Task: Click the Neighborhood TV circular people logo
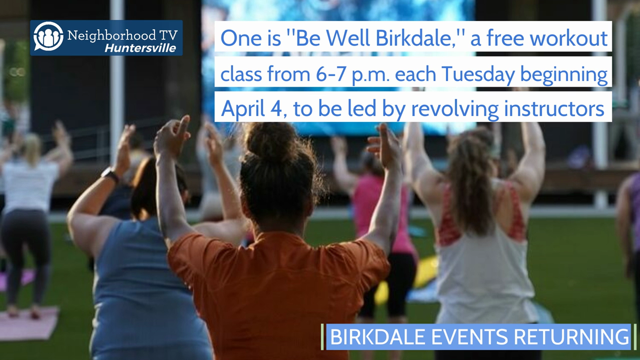click(x=48, y=36)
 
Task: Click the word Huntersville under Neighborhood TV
click(x=140, y=48)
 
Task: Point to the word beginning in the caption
click(x=564, y=75)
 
